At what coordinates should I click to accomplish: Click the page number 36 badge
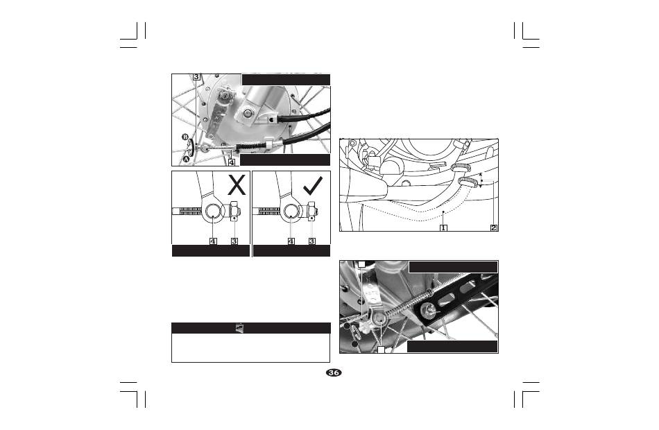click(x=334, y=373)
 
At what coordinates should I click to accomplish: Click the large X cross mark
click(x=237, y=185)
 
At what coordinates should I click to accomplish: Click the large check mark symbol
click(x=313, y=185)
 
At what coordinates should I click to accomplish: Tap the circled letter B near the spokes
click(x=185, y=137)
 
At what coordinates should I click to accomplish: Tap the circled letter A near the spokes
click(x=185, y=160)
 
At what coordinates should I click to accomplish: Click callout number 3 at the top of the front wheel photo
click(x=197, y=77)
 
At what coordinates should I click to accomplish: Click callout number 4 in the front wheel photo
click(x=232, y=162)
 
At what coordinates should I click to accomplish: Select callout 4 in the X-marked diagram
click(x=214, y=241)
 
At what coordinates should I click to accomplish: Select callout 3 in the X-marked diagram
click(x=234, y=241)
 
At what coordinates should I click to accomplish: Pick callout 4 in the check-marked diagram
click(x=291, y=241)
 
